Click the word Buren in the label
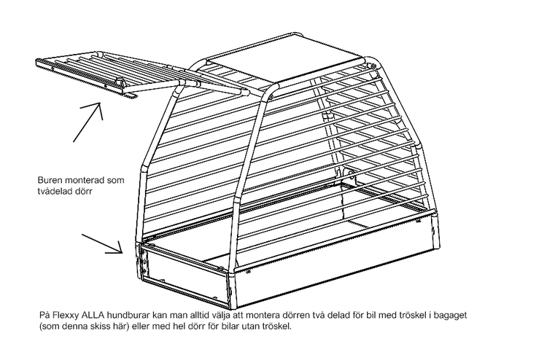click(49, 181)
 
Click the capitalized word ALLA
click(92, 316)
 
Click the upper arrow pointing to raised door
click(88, 122)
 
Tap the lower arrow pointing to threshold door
click(102, 244)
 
